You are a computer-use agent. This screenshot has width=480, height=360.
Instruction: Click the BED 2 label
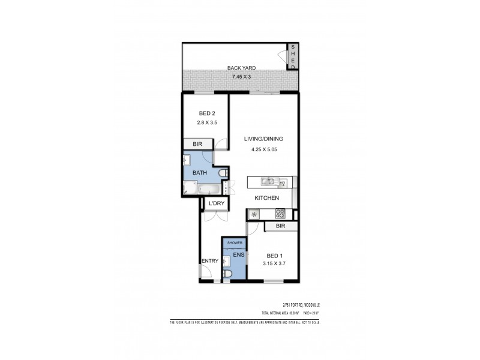coord(206,113)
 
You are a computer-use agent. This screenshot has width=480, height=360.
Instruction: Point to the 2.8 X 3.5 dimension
coord(206,123)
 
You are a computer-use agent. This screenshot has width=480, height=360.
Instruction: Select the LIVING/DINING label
coord(263,139)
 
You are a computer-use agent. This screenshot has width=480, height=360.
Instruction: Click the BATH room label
coord(199,173)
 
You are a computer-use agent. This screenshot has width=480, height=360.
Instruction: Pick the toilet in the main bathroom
coord(223,173)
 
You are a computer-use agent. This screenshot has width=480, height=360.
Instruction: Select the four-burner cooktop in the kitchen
coord(280,213)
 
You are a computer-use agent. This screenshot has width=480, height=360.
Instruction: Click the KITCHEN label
coord(266,198)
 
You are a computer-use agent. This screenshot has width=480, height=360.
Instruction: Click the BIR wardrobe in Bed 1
coord(280,226)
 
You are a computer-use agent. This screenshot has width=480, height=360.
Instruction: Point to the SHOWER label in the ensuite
coord(234,242)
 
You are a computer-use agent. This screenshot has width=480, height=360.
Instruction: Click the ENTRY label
coord(209,260)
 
